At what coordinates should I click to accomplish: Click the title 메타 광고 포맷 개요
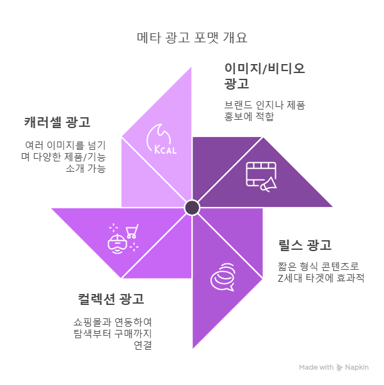pyautogui.click(x=192, y=38)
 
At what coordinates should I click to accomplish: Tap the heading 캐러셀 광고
pyautogui.click(x=57, y=122)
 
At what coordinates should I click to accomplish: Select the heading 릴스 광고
pyautogui.click(x=305, y=245)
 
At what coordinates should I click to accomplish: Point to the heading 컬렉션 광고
pyautogui.click(x=111, y=299)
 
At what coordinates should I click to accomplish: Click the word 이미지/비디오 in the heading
pyautogui.click(x=265, y=69)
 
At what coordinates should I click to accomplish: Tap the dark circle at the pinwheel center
pyautogui.click(x=192, y=208)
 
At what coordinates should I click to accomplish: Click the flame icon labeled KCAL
pyautogui.click(x=162, y=139)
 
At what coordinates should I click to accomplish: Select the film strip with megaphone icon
pyautogui.click(x=261, y=177)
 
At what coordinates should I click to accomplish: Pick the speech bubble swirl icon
pyautogui.click(x=223, y=277)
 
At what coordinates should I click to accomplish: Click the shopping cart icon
pyautogui.click(x=132, y=231)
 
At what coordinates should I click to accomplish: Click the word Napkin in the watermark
pyautogui.click(x=356, y=367)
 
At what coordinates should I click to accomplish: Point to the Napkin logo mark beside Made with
pyautogui.click(x=339, y=367)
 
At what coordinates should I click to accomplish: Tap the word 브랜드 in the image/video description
pyautogui.click(x=238, y=105)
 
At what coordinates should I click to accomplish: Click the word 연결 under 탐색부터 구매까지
pyautogui.click(x=143, y=345)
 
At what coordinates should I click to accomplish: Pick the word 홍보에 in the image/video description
pyautogui.click(x=238, y=117)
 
